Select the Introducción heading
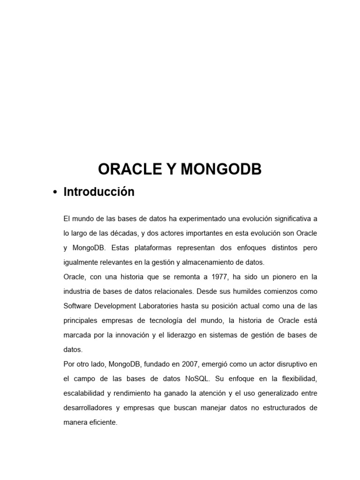(x=99, y=192)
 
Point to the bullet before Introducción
(x=55, y=193)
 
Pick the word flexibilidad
(x=299, y=379)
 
